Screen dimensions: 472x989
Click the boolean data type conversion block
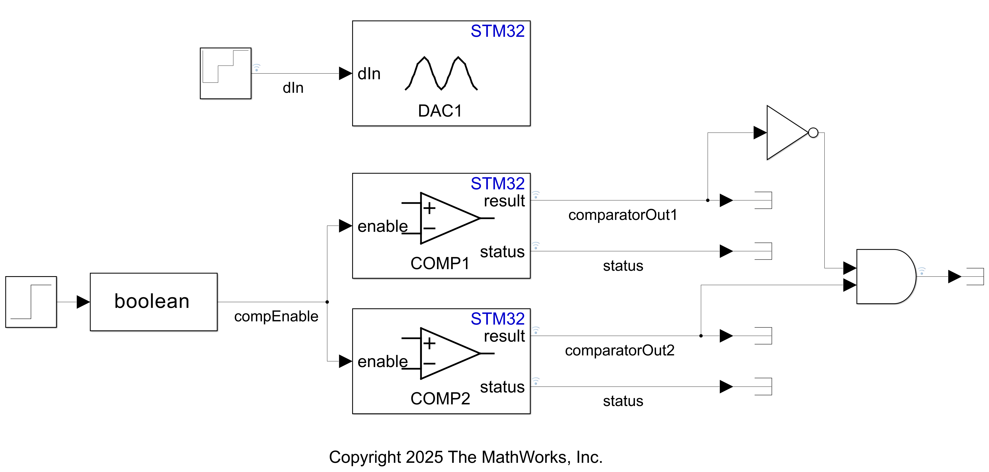153,302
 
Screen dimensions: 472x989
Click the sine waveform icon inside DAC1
441,73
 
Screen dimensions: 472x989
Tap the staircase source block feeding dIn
225,73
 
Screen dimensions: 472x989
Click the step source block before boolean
31,302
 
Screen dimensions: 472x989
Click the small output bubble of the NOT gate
813,133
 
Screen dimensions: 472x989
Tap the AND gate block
883,276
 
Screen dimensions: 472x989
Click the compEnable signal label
276,316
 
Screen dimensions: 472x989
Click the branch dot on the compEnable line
327,302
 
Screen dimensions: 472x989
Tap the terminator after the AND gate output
975,276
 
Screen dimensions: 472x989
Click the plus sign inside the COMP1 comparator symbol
429,208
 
